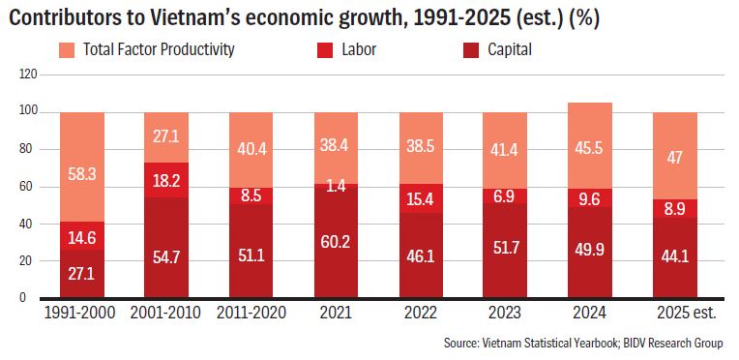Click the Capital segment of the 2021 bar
(x=336, y=242)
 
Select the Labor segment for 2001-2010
(x=166, y=180)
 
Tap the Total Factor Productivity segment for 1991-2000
(x=82, y=167)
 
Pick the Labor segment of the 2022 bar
(x=421, y=198)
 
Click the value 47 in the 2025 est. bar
(x=674, y=158)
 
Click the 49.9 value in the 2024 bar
(x=590, y=255)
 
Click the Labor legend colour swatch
(x=325, y=50)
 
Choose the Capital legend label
(x=510, y=49)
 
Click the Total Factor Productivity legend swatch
(x=68, y=50)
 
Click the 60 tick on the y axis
(x=24, y=187)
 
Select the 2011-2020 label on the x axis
(x=251, y=314)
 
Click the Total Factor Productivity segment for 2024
(x=590, y=146)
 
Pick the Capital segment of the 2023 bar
(x=505, y=251)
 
